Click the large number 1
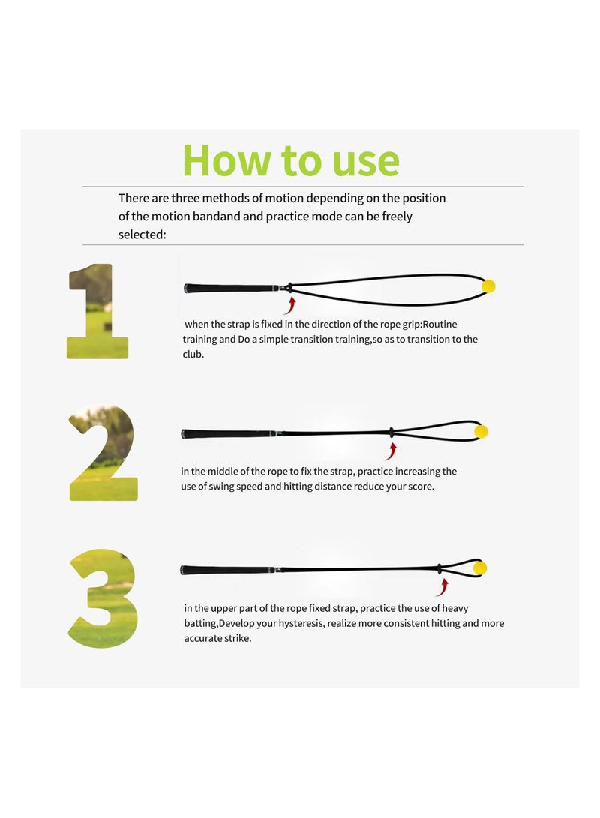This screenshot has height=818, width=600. pyautogui.click(x=97, y=311)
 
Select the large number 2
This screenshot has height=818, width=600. pyautogui.click(x=103, y=453)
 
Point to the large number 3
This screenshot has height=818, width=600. pyautogui.click(x=103, y=598)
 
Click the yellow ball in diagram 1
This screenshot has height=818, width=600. pyautogui.click(x=488, y=286)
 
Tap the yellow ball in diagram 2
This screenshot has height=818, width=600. pyautogui.click(x=481, y=431)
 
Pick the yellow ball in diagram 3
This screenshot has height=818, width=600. pyautogui.click(x=480, y=568)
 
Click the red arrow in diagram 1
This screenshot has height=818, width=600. pyautogui.click(x=290, y=306)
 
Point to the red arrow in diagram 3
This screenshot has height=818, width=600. pyautogui.click(x=442, y=587)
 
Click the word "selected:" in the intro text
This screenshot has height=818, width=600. pyautogui.click(x=142, y=235)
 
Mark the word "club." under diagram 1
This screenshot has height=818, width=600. pyautogui.click(x=193, y=354)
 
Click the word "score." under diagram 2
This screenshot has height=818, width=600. pyautogui.click(x=419, y=486)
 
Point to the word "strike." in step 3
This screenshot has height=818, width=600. pyautogui.click(x=238, y=638)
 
